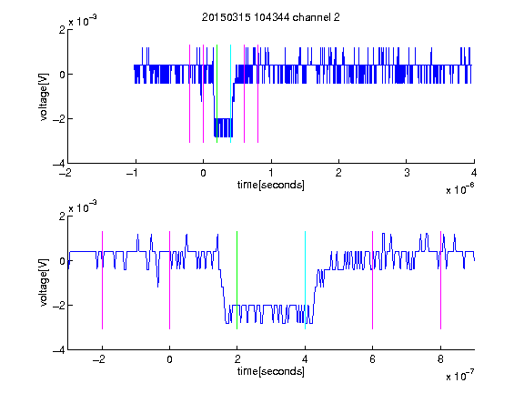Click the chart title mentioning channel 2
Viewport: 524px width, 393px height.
pos(271,17)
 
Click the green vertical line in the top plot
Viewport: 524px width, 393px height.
pos(217,94)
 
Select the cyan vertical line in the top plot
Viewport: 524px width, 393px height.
pos(230,94)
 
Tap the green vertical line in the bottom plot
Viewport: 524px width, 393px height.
pos(237,280)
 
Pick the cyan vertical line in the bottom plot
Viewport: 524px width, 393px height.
pos(305,280)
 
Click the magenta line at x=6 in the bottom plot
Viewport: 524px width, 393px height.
pos(373,280)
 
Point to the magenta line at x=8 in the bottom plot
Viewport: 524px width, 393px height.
pos(440,280)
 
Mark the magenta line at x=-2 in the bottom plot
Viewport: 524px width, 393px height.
pos(102,280)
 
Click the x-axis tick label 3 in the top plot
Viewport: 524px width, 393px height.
pos(407,173)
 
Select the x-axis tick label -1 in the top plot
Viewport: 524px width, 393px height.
pos(133,173)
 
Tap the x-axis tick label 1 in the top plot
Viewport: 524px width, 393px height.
pos(271,173)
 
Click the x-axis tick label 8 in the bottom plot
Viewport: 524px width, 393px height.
pos(440,359)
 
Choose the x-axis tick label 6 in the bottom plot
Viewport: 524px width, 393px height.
pos(373,359)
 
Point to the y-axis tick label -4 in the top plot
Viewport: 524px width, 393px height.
pos(59,164)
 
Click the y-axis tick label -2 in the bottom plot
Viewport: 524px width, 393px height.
pos(59,305)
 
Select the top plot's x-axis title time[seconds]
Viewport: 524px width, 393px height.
pos(271,185)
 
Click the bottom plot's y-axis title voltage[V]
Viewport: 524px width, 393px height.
pos(44,283)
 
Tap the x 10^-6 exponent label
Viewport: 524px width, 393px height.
pos(460,189)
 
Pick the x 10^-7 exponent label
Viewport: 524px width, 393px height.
pos(460,376)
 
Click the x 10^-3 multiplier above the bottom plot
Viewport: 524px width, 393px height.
pos(83,207)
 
